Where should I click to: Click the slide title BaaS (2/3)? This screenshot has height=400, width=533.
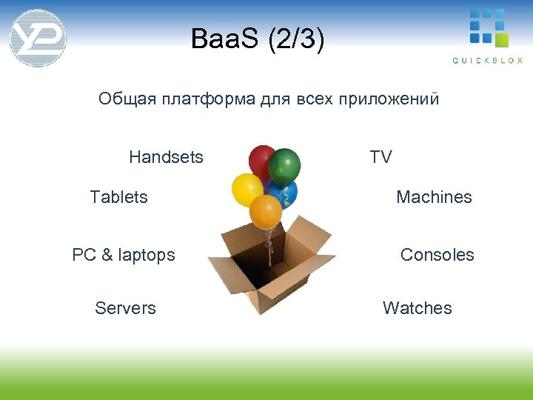coord(257,39)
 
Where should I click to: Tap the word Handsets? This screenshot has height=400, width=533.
coord(166,157)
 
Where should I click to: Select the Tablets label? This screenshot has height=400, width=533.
coord(118,197)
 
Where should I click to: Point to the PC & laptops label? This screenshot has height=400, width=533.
coord(124,255)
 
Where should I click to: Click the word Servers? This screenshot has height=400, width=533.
coord(125,308)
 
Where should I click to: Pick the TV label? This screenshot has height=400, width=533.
coord(381,157)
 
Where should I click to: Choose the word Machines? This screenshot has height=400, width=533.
coord(434,197)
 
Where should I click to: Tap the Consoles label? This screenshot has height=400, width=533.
coord(437,255)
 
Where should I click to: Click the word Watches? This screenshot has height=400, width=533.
coord(417,308)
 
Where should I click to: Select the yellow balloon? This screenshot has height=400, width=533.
coord(247,190)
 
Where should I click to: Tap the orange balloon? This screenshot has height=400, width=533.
coord(265,211)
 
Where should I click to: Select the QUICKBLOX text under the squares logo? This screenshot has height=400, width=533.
coord(487,61)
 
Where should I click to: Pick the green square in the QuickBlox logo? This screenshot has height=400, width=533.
coord(501,39)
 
